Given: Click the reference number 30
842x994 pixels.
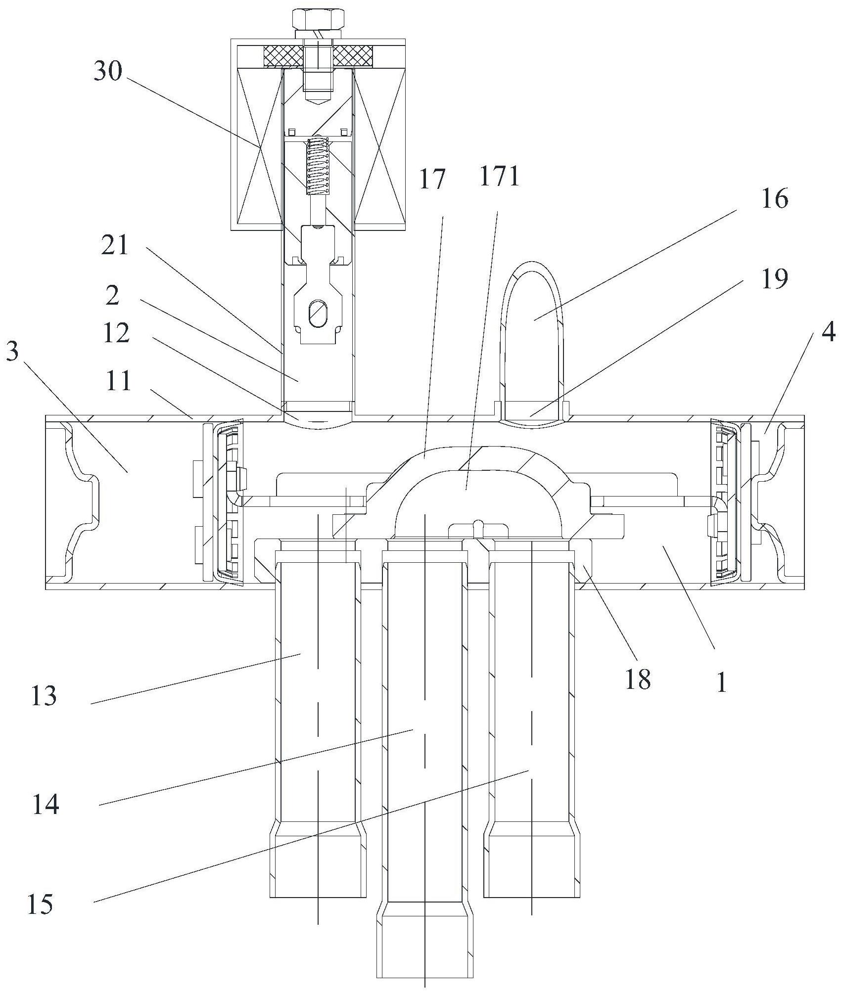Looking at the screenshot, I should pos(108,72).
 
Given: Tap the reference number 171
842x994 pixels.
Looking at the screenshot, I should pos(500,177).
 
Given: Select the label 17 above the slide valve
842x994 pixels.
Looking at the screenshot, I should pos(432,179).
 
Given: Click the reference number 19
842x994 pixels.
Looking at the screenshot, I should pos(775,279).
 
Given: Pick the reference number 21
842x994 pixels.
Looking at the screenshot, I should pos(115,245).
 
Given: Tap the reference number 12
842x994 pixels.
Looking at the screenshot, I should pos(117,333).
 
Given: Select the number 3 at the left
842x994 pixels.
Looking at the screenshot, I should pos(13,354).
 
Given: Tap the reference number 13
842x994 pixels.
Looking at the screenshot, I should pos(44,696).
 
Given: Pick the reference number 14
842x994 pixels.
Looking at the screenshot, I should pos(46,805).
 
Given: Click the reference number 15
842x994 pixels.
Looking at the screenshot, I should pos(41,904).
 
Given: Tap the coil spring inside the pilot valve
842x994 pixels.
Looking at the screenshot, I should pos(318,166).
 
